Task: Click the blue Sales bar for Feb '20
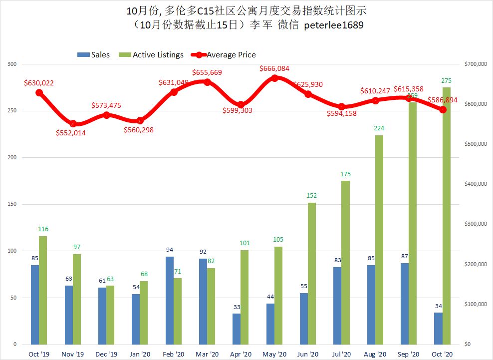click(169, 301)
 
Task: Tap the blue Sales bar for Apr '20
click(237, 329)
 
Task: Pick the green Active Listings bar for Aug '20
click(379, 240)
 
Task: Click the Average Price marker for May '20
click(274, 78)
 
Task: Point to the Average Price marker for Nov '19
click(73, 123)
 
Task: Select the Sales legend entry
click(93, 55)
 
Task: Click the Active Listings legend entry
click(153, 55)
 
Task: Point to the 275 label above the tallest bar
click(447, 81)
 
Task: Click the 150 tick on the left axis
click(12, 204)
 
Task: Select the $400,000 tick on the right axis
click(475, 184)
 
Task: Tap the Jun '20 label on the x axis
click(308, 354)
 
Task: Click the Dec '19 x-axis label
click(106, 354)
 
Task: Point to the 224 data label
click(379, 128)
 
